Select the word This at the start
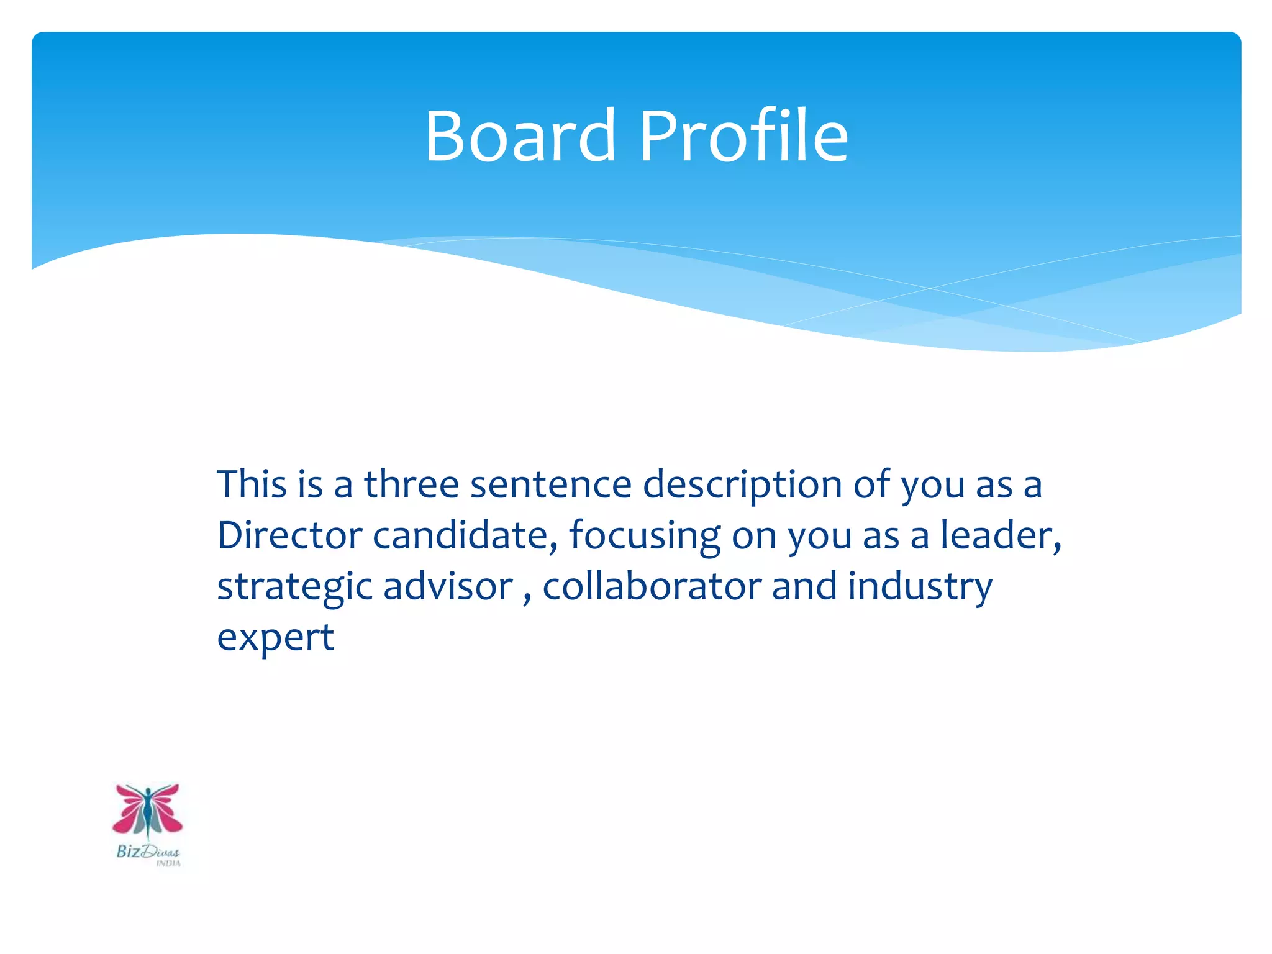(252, 484)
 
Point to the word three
(411, 484)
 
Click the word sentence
(550, 484)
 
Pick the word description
(742, 485)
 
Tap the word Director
(289, 535)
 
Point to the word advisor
(448, 586)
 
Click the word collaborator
(652, 586)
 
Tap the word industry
(920, 587)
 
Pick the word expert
(275, 638)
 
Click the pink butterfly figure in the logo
(148, 811)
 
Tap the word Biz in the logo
(128, 851)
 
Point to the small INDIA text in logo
(168, 863)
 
